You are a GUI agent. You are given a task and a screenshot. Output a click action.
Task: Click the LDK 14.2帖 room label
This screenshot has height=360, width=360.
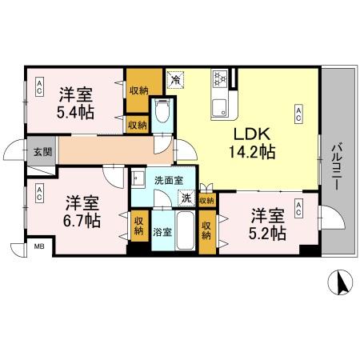254,142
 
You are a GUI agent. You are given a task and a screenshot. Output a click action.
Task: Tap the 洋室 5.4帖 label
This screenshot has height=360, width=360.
77,102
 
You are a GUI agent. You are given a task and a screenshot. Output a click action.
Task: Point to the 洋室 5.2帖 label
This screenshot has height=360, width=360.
266,224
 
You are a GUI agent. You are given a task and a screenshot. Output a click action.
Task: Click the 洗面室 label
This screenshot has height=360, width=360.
169,181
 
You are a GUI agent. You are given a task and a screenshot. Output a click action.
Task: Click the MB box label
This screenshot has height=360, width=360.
38,247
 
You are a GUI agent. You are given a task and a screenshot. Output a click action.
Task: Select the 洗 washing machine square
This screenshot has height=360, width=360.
186,198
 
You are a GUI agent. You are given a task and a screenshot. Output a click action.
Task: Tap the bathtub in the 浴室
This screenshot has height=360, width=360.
185,232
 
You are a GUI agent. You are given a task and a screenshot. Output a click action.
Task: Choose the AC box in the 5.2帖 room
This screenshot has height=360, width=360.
298,208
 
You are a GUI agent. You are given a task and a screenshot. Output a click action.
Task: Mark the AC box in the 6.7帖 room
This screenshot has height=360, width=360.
38,193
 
